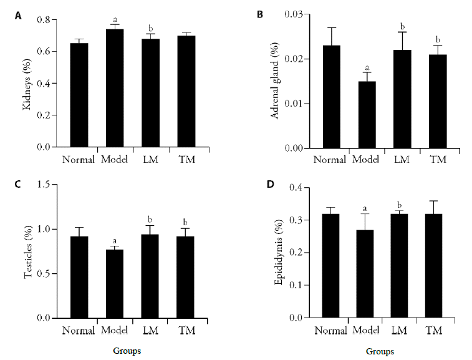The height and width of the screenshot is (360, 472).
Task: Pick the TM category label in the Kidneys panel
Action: point(186,159)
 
